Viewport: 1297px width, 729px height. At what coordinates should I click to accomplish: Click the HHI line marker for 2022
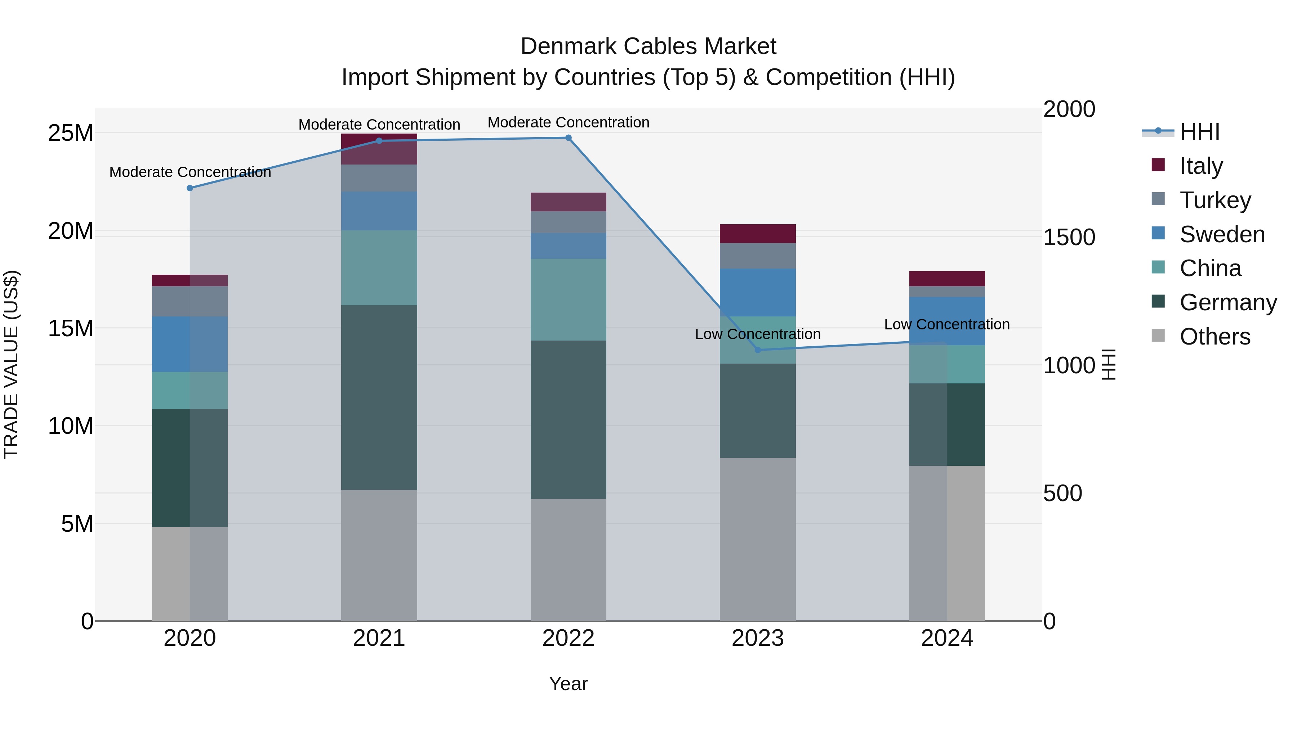569,138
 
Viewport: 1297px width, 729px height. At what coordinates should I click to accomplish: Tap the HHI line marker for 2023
758,350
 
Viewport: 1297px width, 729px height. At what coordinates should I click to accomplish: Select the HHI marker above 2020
190,188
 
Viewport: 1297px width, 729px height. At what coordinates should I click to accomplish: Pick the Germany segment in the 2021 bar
379,397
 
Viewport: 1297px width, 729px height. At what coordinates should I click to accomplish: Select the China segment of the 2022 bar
569,300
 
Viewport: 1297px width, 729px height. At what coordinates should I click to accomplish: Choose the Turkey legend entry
1215,200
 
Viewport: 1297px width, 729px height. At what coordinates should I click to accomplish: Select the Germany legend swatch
1158,302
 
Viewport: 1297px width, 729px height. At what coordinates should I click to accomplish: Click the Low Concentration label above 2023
758,334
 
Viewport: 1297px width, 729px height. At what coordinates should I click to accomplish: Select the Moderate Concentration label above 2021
379,124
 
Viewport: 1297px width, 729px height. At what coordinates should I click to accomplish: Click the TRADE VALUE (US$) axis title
12,364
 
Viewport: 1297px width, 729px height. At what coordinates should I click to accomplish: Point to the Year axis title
569,684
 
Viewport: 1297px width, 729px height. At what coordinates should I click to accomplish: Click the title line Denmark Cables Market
648,46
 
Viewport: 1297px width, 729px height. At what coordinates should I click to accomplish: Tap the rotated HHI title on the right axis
1109,364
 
